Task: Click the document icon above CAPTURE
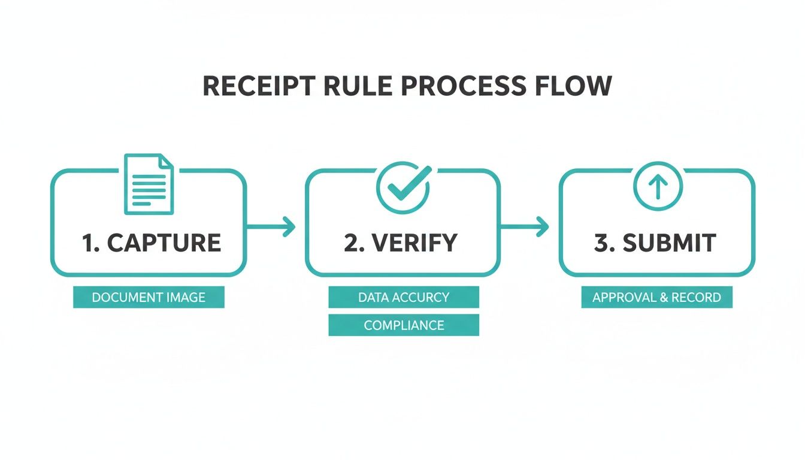pyautogui.click(x=149, y=184)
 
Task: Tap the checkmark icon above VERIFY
pyautogui.click(x=403, y=187)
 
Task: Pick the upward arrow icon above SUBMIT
pyautogui.click(x=657, y=187)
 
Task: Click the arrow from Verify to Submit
pyautogui.click(x=525, y=226)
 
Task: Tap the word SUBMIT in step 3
pyautogui.click(x=669, y=243)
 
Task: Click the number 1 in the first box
pyautogui.click(x=88, y=243)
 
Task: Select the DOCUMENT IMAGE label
pyautogui.click(x=149, y=297)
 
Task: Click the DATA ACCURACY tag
pyautogui.click(x=404, y=297)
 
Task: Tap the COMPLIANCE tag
pyautogui.click(x=404, y=325)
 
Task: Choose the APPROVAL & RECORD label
pyautogui.click(x=656, y=297)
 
